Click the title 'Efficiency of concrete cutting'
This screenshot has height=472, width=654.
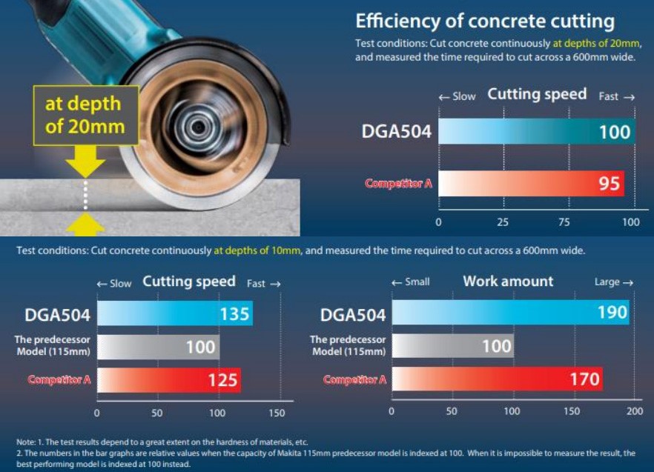click(x=485, y=21)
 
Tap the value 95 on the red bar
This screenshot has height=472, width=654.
click(x=610, y=184)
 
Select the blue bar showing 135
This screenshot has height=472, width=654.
click(x=175, y=313)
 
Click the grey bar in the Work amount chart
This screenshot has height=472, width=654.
click(x=453, y=345)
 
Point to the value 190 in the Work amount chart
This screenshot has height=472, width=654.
click(x=612, y=312)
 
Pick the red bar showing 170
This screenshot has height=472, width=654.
click(x=497, y=379)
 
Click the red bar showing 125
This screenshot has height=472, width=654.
click(x=169, y=380)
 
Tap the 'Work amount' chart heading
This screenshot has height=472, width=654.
click(x=508, y=282)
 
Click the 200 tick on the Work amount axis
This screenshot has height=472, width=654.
click(x=635, y=411)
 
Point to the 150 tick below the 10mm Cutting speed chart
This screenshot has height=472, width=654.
click(x=277, y=413)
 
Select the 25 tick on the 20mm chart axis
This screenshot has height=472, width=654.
click(x=503, y=222)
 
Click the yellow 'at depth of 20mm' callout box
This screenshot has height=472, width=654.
click(x=85, y=116)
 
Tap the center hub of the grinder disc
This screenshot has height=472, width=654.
click(x=199, y=127)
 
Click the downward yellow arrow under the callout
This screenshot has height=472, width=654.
click(x=85, y=162)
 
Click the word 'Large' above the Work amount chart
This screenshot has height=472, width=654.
click(x=607, y=282)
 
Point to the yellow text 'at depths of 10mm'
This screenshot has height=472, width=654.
click(x=257, y=250)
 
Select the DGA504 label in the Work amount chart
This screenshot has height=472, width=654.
click(x=353, y=315)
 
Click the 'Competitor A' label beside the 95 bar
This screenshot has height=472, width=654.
click(x=398, y=184)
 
